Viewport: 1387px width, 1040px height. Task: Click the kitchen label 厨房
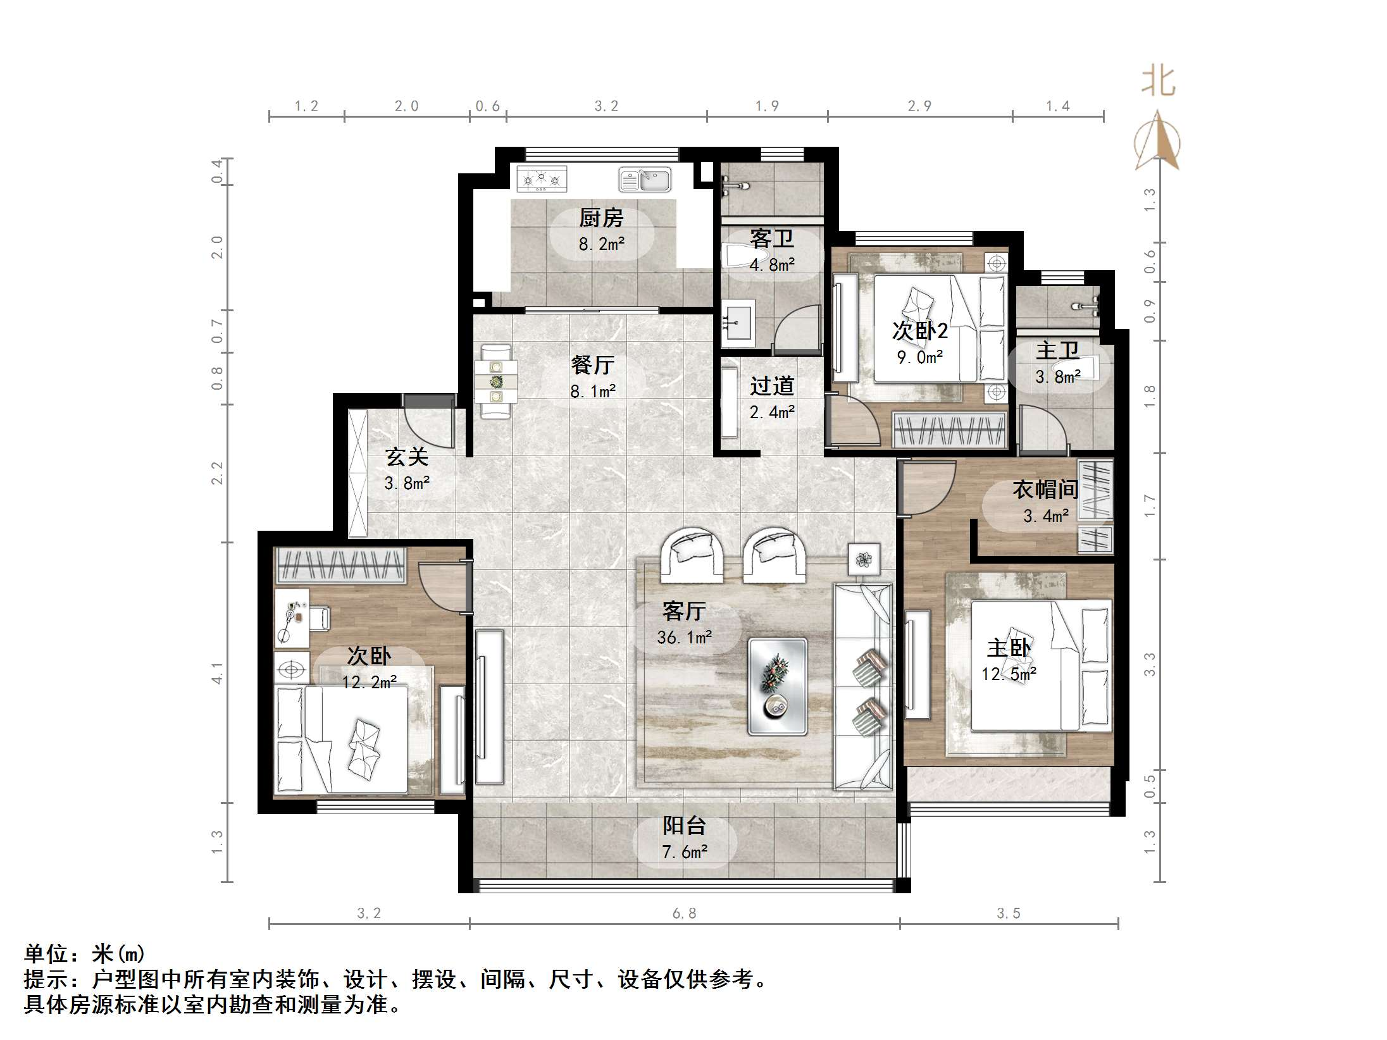click(600, 218)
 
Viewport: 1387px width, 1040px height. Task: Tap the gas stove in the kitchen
click(541, 179)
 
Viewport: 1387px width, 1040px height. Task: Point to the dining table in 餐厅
click(497, 381)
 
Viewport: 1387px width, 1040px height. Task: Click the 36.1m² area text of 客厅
click(684, 637)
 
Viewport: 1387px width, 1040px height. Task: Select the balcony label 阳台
click(684, 826)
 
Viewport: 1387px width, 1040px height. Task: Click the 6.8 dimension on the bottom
click(684, 913)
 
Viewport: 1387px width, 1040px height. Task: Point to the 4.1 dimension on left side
click(217, 673)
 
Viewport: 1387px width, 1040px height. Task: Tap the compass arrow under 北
click(1157, 142)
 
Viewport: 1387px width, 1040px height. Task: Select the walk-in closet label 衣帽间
click(1045, 489)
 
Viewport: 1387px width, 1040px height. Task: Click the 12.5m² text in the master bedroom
click(1009, 674)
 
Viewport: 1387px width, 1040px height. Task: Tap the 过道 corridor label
click(771, 386)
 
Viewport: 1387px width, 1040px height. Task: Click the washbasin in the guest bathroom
click(737, 323)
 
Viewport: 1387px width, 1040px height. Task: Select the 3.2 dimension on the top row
click(606, 106)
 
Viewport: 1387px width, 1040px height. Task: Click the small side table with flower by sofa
click(864, 559)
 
